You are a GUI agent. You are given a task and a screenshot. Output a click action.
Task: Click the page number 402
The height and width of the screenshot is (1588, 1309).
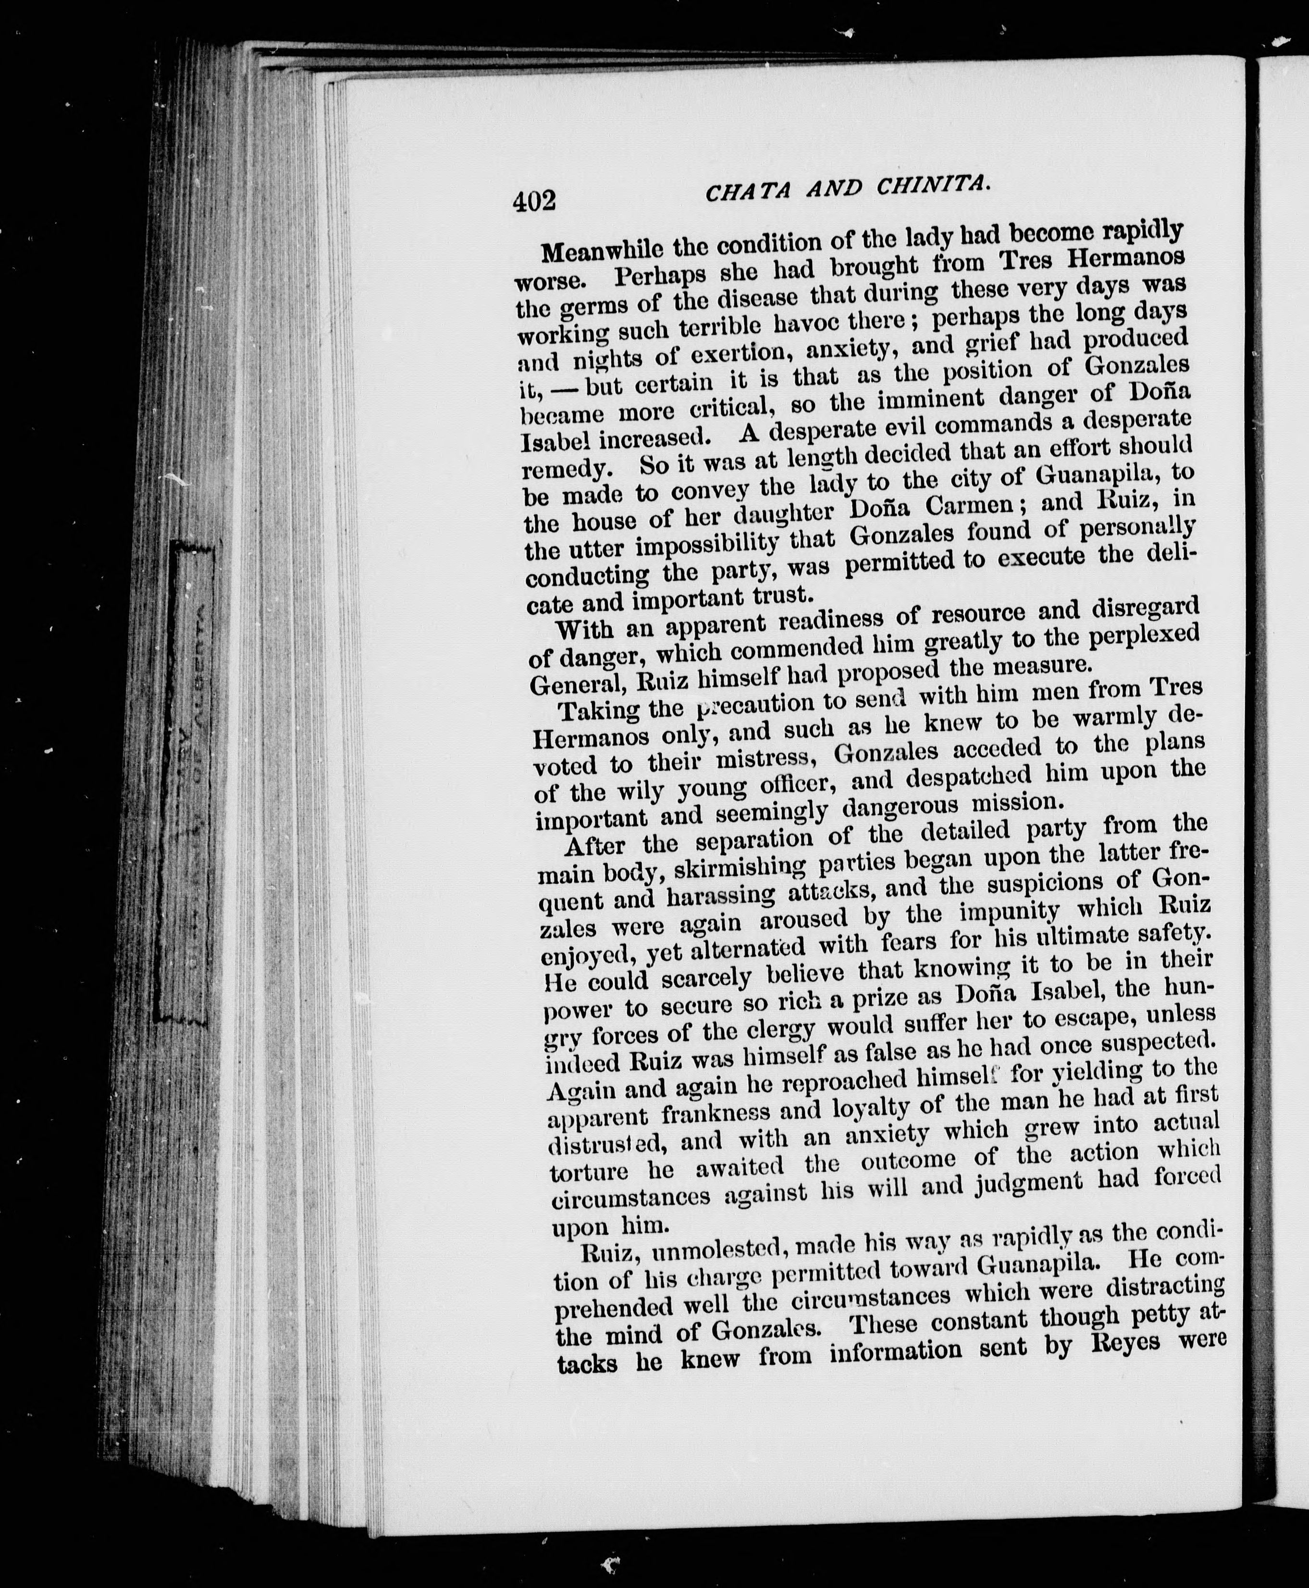(534, 202)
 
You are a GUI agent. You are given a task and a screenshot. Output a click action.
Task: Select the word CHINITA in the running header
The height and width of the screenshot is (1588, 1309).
(932, 184)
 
